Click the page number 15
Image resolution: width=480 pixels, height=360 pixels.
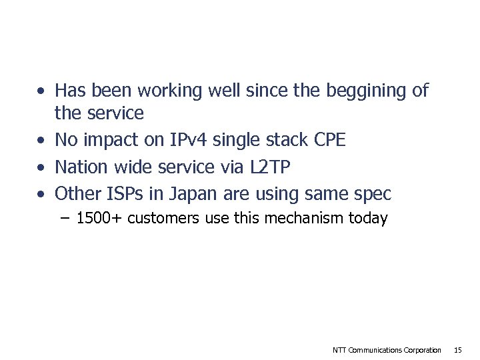click(457, 350)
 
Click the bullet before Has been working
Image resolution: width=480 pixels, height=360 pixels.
click(42, 91)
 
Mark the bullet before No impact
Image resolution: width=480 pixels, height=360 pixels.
click(42, 141)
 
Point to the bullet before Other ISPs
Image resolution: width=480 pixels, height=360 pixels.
click(42, 195)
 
